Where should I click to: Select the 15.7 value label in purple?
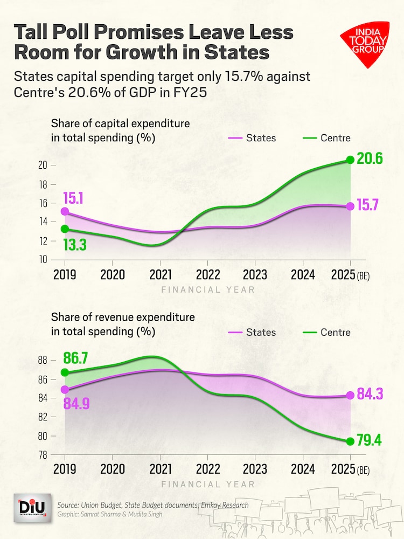(x=371, y=206)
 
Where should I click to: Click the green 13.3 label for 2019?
(x=74, y=245)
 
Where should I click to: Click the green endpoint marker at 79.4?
(x=350, y=441)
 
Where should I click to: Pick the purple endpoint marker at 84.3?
(x=350, y=395)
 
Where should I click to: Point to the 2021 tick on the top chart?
(x=161, y=275)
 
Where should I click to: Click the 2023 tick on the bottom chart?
(x=255, y=468)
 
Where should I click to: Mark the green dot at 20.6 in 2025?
(x=350, y=160)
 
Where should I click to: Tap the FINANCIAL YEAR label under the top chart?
(x=208, y=290)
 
